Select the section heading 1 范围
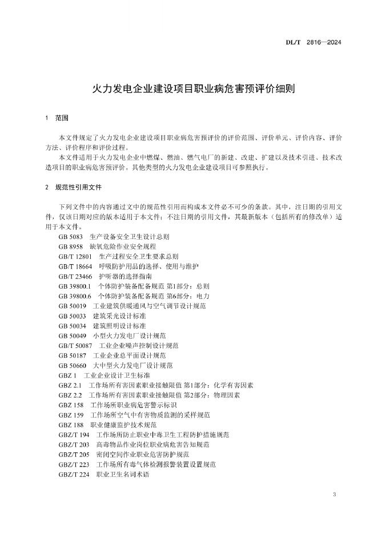tap(57, 119)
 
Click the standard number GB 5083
tap(71, 236)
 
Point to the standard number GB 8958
tap(71, 246)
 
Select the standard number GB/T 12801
tap(75, 256)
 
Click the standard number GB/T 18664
tap(75, 266)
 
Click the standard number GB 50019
tap(73, 306)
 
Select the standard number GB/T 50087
tap(75, 345)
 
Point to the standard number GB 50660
tap(73, 365)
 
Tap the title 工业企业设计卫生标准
tap(117, 375)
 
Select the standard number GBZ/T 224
tap(74, 474)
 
